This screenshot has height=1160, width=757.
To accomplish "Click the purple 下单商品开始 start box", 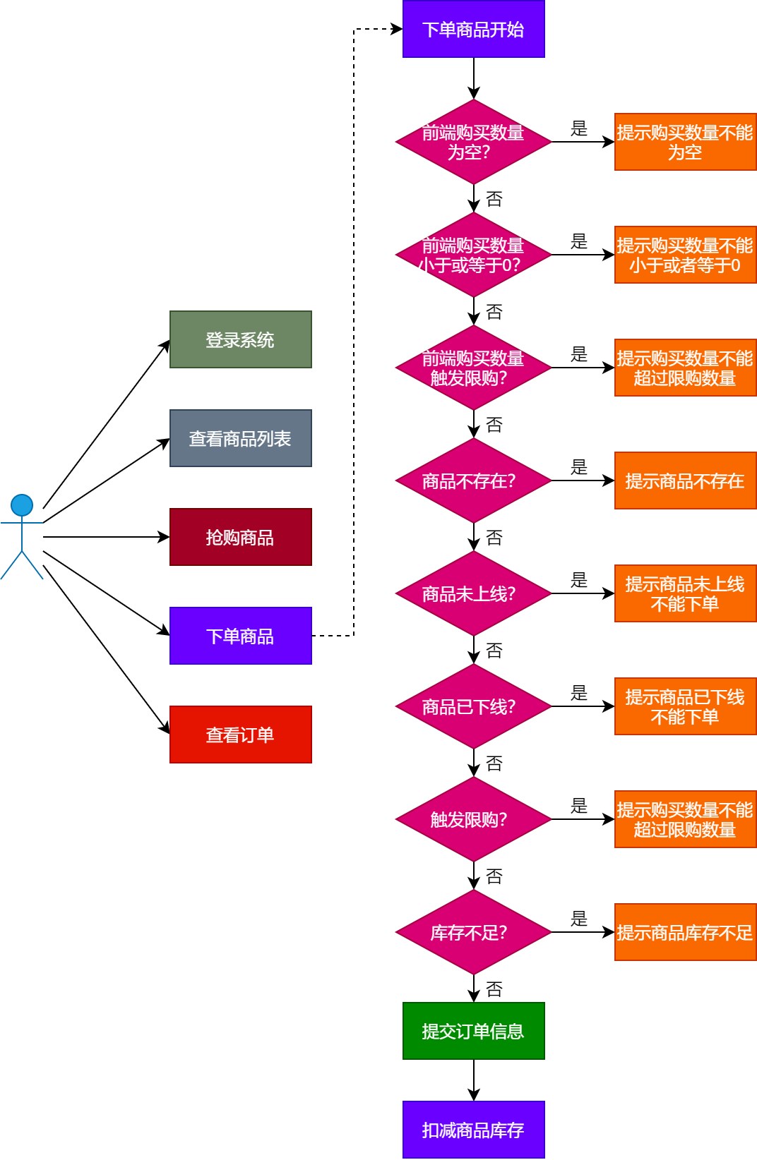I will pos(473,29).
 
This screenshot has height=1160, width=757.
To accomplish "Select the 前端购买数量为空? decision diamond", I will pos(473,142).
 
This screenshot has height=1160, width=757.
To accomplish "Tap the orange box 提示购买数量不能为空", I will pos(685,142).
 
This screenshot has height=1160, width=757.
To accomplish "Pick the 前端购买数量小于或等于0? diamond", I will pos(473,255).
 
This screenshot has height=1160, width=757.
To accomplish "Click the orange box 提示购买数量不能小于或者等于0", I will pos(685,255).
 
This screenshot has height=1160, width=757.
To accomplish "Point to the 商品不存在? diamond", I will pos(473,481).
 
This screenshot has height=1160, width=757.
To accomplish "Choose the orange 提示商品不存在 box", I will pos(685,481).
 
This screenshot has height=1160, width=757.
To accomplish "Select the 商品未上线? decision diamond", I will pos(473,593).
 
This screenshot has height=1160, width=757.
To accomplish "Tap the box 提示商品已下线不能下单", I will pos(685,706).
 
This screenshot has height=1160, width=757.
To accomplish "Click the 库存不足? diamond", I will pos(473,932).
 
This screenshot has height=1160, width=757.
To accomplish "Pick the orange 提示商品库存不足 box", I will pos(685,932).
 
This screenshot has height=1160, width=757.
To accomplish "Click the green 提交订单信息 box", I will pos(473,1031).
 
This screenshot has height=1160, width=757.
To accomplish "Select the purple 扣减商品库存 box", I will pos(473,1130).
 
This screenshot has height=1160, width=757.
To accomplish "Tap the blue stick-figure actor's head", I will pos(22,505).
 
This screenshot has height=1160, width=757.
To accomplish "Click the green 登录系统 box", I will pos(240,339).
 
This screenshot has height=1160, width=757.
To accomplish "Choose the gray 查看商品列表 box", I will pos(240,438).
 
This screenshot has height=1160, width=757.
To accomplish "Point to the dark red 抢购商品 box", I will pos(240,537).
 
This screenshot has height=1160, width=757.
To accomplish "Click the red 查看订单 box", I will pos(240,735).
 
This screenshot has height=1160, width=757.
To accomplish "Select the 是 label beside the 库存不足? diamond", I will pos(579,919).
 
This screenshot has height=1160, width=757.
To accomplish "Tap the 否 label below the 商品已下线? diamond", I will pos(494,763).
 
